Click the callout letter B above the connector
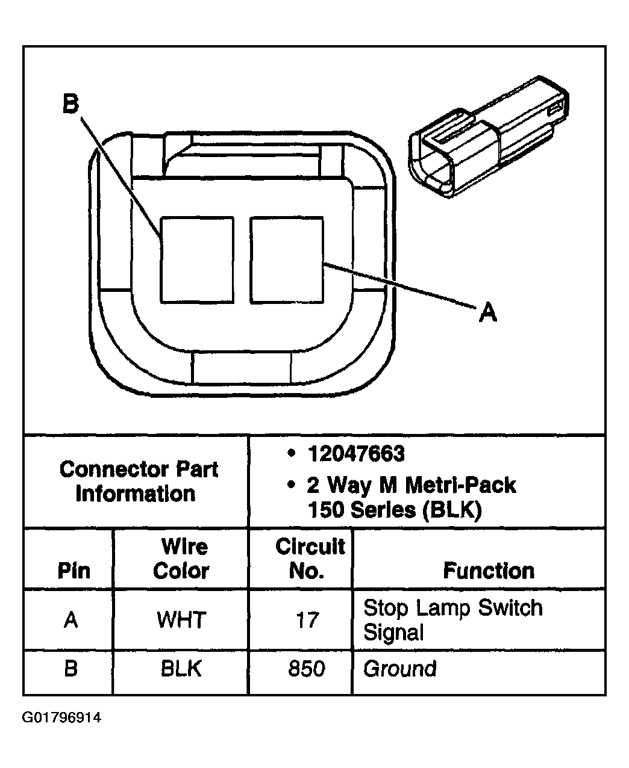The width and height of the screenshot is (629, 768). click(x=71, y=104)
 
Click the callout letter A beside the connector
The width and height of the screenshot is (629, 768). click(x=487, y=312)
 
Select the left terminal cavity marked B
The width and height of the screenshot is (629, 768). click(x=196, y=259)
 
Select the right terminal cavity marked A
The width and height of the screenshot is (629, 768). click(x=286, y=259)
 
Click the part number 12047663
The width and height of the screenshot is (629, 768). click(x=355, y=454)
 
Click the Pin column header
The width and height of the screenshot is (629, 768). click(x=74, y=571)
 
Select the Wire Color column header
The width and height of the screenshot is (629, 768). click(x=181, y=559)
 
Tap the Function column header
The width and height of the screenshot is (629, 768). click(x=489, y=571)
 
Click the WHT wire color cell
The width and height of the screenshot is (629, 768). click(x=181, y=620)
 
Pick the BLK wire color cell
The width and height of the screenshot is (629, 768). click(x=181, y=669)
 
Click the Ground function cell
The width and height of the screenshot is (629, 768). click(x=400, y=669)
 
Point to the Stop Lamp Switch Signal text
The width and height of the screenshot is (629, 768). click(x=452, y=620)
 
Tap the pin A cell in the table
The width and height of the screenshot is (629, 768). click(x=70, y=620)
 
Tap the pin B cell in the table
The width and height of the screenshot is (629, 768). click(x=70, y=669)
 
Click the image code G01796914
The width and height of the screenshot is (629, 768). click(x=62, y=718)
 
